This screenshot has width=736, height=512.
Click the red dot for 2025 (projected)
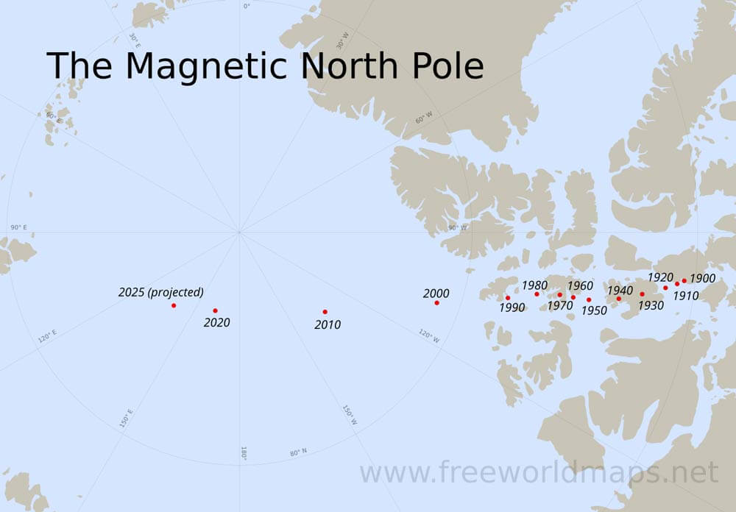(x=174, y=305)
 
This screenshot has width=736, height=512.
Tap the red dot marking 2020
(x=215, y=310)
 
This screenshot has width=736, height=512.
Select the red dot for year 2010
(x=325, y=312)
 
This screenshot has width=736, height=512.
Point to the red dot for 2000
(x=436, y=302)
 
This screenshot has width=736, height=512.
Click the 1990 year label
(x=512, y=307)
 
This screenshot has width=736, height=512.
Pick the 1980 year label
(x=534, y=285)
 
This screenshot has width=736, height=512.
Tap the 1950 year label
(x=594, y=310)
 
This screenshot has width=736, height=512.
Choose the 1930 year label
(x=651, y=305)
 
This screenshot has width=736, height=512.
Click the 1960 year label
(x=580, y=285)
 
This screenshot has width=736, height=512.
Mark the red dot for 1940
(x=619, y=299)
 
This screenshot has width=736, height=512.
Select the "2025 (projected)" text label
(x=161, y=292)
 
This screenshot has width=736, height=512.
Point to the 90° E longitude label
(x=18, y=228)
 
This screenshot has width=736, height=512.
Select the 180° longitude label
(x=244, y=453)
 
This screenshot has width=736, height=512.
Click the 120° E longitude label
(x=47, y=337)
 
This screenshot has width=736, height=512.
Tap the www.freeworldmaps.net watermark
(x=539, y=472)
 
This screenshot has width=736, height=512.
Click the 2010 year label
(x=328, y=324)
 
